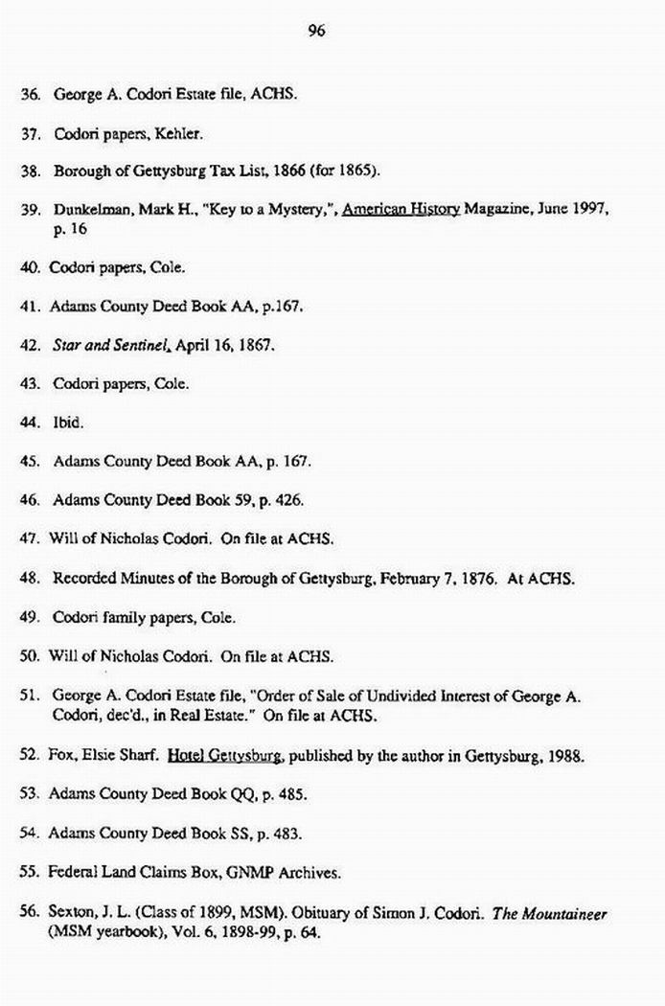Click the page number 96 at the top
(317, 31)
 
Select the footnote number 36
(29, 96)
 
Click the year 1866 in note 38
(287, 172)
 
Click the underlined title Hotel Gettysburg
(224, 756)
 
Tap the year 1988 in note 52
(563, 756)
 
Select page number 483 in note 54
(287, 834)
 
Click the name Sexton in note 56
(73, 912)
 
